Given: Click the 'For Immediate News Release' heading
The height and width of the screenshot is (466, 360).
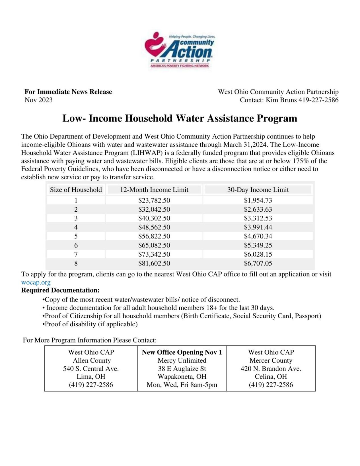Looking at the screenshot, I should coord(68,92).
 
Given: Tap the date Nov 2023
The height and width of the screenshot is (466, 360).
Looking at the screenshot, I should coord(38,100).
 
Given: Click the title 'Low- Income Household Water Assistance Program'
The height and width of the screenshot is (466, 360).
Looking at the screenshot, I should coord(180,118).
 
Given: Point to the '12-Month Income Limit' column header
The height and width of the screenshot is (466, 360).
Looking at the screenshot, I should coord(154,190).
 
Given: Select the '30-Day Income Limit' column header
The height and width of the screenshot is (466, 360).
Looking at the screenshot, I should coord(258,190).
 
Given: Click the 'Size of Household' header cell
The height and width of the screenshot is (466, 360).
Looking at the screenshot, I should coord(76,190).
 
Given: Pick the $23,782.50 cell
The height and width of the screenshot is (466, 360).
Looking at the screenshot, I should coord(154,200).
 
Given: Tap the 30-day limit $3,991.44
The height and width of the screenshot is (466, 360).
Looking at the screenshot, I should coord(258,227).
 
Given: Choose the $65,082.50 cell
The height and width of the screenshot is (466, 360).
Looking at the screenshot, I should coord(154,245).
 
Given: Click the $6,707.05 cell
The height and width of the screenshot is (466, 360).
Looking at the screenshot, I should coord(258,263).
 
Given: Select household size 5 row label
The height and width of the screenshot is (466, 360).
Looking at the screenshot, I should coord(76,236).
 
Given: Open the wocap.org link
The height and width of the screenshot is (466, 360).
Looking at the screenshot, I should coord(36,283).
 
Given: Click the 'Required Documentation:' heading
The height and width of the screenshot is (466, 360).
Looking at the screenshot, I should coord(60,290).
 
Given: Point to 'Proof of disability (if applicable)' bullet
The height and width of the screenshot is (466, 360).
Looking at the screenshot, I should coord(90,324).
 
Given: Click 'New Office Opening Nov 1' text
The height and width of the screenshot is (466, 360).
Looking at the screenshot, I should coord(182,352).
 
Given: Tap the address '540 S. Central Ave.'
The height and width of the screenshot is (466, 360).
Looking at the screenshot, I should coord(91,368).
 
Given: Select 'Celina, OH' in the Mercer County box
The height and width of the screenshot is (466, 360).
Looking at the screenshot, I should coord(271,376).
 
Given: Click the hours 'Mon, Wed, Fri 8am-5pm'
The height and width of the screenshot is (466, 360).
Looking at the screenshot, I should coord(182,385).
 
